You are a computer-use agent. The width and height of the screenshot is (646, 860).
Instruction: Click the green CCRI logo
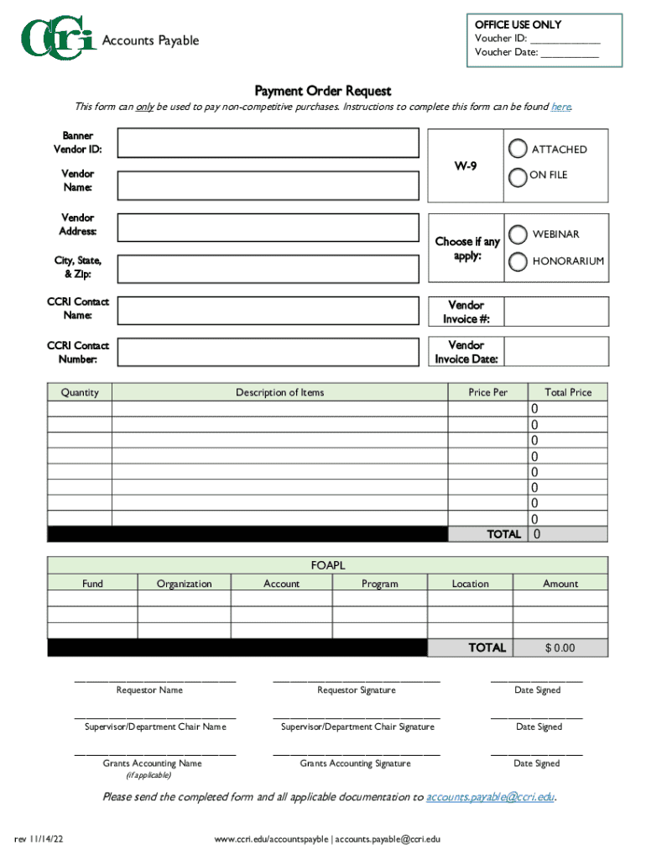coord(57,40)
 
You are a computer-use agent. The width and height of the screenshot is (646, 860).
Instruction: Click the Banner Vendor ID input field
coord(268,143)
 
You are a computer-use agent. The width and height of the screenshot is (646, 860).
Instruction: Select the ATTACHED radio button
coord(518,149)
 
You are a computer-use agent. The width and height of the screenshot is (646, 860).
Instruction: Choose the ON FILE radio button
coord(518,175)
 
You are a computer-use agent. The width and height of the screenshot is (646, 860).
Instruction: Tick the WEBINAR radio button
coord(518,233)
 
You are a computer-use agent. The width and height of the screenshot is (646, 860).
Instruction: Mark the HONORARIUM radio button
coord(518,261)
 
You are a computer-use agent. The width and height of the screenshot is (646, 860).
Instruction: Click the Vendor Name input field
coord(268,186)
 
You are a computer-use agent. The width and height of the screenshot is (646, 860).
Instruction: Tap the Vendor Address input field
coord(268,228)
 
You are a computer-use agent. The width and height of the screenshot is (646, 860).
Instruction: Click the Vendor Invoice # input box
coord(555,312)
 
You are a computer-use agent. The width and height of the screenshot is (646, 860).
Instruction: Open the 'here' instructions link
coord(560,107)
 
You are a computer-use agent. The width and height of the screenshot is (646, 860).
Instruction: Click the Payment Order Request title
coord(323,91)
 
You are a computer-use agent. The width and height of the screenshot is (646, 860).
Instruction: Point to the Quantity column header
coord(80,392)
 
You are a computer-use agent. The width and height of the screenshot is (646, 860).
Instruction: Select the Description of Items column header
coord(279,392)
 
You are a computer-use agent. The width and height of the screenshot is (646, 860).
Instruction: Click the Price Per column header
coord(487,392)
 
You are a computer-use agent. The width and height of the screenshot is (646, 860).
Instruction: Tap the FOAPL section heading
coord(328,565)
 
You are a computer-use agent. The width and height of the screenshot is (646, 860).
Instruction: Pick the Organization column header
coord(184,584)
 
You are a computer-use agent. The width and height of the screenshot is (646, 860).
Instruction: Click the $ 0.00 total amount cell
coord(560,648)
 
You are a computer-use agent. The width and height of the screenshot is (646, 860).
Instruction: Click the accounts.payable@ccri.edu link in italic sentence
coord(490,797)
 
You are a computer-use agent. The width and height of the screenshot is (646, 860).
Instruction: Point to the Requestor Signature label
coord(356,690)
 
